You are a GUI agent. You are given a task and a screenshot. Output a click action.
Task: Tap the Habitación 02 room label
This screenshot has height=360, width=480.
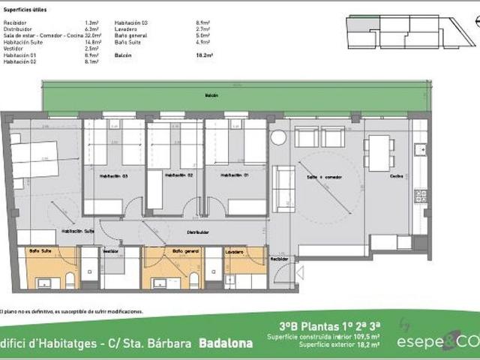[175, 175]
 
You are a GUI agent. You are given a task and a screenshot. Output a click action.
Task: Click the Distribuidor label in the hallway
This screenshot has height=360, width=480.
[197, 232]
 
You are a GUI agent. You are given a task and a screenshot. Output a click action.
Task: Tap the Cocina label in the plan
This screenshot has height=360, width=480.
[396, 176]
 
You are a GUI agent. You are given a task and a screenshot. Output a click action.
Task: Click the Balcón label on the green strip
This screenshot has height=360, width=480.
[212, 96]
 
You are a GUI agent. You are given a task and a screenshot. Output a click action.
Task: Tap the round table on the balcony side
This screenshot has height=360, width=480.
[278, 138]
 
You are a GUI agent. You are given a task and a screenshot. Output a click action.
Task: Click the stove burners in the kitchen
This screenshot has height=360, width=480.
[421, 196]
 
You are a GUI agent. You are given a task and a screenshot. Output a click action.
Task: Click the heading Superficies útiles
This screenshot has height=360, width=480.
[22, 13]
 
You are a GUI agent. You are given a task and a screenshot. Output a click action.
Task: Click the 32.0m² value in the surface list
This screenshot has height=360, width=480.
[92, 36]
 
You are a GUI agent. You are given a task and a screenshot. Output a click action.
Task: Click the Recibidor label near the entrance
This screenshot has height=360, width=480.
[279, 259]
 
